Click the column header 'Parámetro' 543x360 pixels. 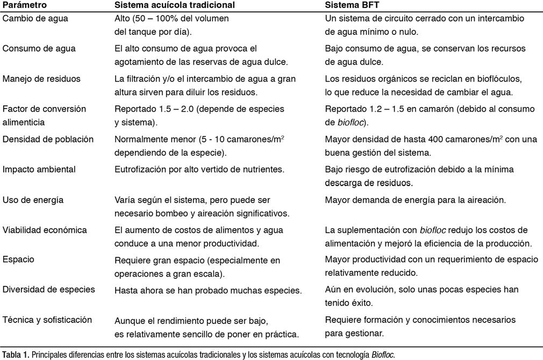pyautogui.click(x=24, y=5)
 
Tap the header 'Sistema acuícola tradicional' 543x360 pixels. pyautogui.click(x=173, y=5)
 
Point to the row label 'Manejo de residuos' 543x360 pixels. pyautogui.click(x=41, y=78)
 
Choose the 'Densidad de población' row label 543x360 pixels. pyautogui.click(x=48, y=139)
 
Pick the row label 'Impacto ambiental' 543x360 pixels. pyautogui.click(x=39, y=169)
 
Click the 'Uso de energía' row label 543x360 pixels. pyautogui.click(x=33, y=200)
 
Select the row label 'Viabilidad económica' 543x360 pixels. pyautogui.click(x=45, y=230)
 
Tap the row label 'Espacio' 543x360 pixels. pyautogui.click(x=18, y=260)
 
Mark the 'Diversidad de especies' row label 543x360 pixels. pyautogui.click(x=48, y=290)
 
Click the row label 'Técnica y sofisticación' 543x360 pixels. pyautogui.click(x=47, y=320)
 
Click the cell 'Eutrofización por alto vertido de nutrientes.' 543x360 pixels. pyautogui.click(x=199, y=170)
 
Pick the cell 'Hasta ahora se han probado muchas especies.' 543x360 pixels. pyautogui.click(x=208, y=291)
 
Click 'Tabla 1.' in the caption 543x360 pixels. pyautogui.click(x=15, y=354)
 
